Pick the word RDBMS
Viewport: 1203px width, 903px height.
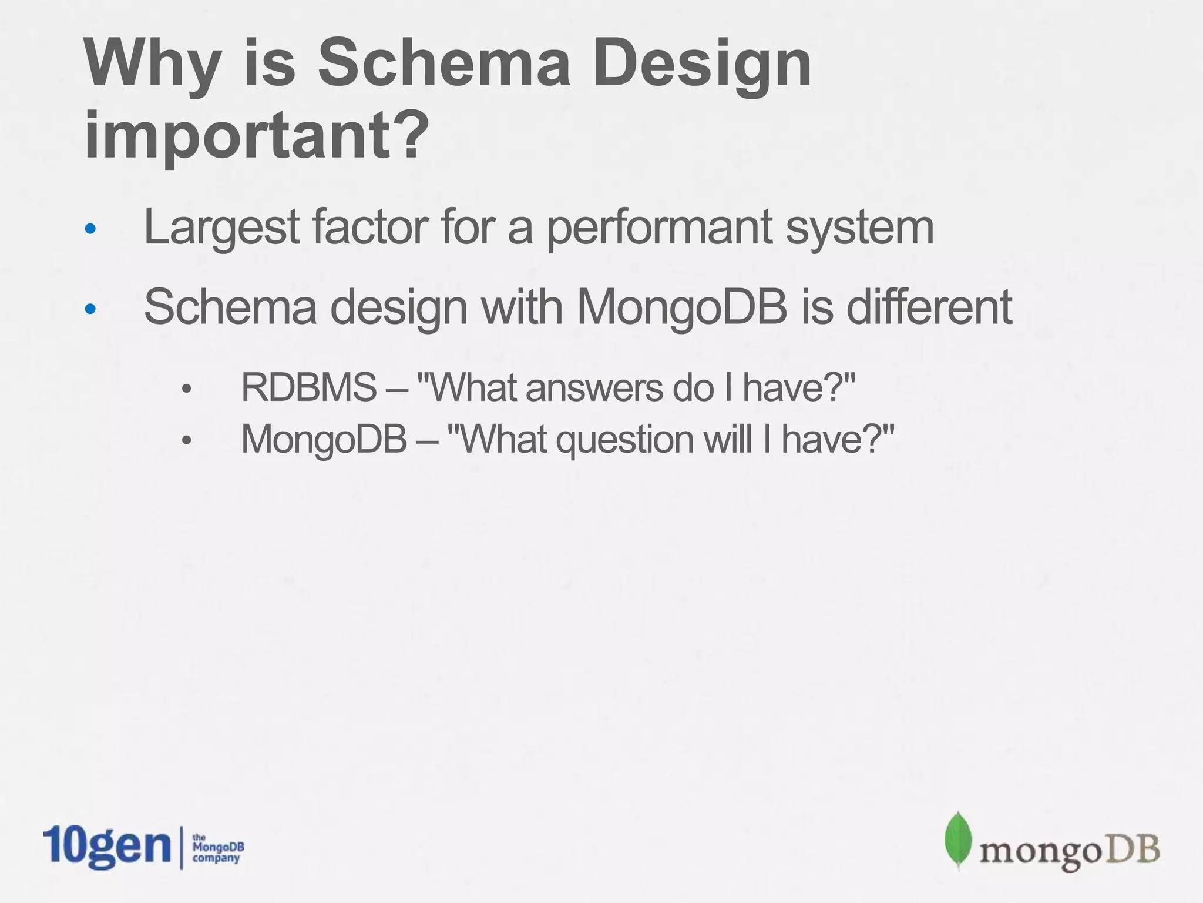click(x=309, y=388)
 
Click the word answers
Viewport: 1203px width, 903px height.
click(x=596, y=388)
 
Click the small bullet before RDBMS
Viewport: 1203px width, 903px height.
click(x=187, y=389)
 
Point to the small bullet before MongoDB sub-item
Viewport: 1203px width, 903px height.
click(x=187, y=440)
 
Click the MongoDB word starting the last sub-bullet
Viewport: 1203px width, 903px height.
click(x=324, y=440)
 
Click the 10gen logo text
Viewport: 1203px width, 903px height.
click(x=106, y=847)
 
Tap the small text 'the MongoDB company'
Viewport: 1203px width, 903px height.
click(x=218, y=848)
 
